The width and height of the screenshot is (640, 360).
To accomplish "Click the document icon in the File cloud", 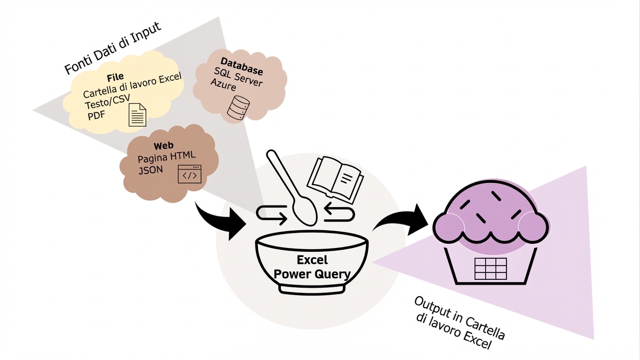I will click(x=137, y=115).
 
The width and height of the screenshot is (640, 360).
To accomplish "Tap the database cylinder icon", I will click(x=238, y=107).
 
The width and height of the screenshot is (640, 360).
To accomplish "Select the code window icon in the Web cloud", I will click(x=189, y=174).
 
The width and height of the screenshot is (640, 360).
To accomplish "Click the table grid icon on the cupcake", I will click(x=490, y=269).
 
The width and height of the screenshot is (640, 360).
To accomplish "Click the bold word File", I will click(x=115, y=77).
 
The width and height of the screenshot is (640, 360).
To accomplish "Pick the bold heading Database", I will click(x=241, y=66).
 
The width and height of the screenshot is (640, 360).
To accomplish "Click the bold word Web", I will click(x=163, y=147).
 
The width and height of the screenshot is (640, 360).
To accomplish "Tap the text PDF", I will click(x=97, y=115).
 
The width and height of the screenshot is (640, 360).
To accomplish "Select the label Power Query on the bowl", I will click(x=312, y=274).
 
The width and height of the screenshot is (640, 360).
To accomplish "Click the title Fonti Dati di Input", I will click(x=113, y=48).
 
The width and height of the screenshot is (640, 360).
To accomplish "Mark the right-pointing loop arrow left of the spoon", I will click(x=272, y=215).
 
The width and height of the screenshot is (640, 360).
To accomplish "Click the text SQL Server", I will click(x=238, y=76).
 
